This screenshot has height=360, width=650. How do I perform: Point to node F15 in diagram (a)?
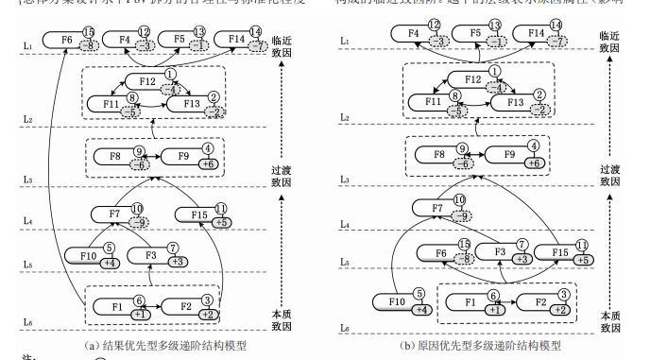click(x=197, y=215)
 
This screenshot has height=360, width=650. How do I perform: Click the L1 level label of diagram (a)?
click(x=29, y=44)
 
